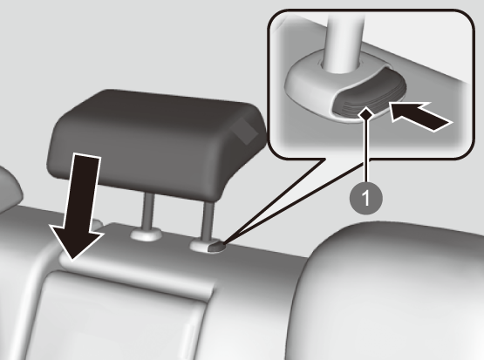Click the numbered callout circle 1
tap(365, 198)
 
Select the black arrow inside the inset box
tap(420, 116)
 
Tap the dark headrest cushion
tap(156, 142)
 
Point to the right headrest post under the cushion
tap(208, 220)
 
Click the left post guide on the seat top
tap(146, 235)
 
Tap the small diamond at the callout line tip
tap(366, 114)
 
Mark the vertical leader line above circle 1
tap(366, 151)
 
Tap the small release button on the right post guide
tap(216, 248)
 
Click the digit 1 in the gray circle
tap(365, 198)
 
